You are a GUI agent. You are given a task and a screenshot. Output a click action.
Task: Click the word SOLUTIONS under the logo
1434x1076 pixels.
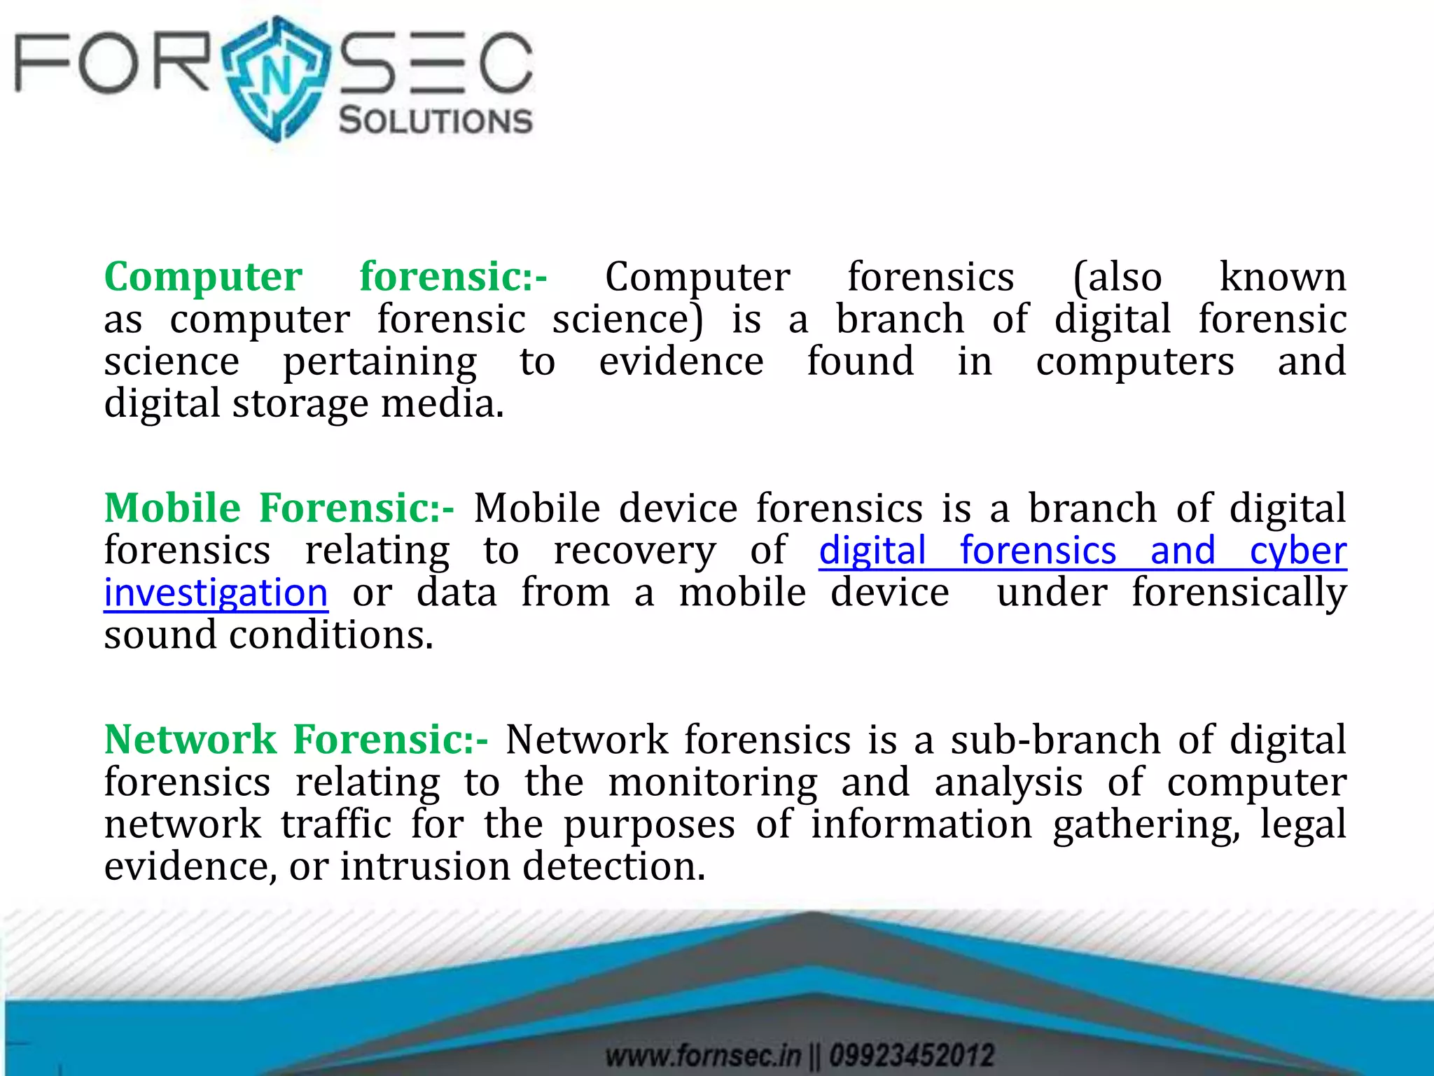click(x=436, y=121)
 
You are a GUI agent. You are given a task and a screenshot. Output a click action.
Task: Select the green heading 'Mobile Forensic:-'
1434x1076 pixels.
click(x=279, y=508)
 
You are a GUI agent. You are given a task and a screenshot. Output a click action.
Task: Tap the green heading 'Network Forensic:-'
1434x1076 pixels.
click(x=296, y=740)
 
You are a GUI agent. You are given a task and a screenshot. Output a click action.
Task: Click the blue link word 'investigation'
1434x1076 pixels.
click(x=216, y=593)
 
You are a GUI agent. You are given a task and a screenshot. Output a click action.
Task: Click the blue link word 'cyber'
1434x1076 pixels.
click(x=1297, y=551)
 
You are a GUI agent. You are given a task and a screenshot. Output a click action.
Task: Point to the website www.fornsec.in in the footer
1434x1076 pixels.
click(x=702, y=1055)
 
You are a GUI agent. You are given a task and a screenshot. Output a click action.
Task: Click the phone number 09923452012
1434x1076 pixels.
click(x=912, y=1055)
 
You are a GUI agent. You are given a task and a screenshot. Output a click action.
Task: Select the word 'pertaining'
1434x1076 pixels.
click(x=380, y=362)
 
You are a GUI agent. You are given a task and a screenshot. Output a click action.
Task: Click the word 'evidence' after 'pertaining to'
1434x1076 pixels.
click(x=681, y=362)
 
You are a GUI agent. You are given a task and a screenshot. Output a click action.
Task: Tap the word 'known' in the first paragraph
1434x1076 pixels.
click(x=1283, y=277)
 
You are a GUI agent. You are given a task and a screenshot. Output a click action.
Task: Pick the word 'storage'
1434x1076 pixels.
click(x=300, y=405)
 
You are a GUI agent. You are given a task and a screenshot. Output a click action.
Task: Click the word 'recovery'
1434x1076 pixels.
click(x=634, y=551)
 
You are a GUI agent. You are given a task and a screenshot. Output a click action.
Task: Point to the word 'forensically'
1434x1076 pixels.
click(x=1239, y=593)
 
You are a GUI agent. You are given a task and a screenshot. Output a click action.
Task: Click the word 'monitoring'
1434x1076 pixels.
click(x=712, y=782)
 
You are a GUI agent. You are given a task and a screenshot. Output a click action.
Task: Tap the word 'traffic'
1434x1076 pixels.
click(x=336, y=825)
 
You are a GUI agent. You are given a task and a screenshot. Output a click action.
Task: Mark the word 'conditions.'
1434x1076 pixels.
click(x=331, y=636)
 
